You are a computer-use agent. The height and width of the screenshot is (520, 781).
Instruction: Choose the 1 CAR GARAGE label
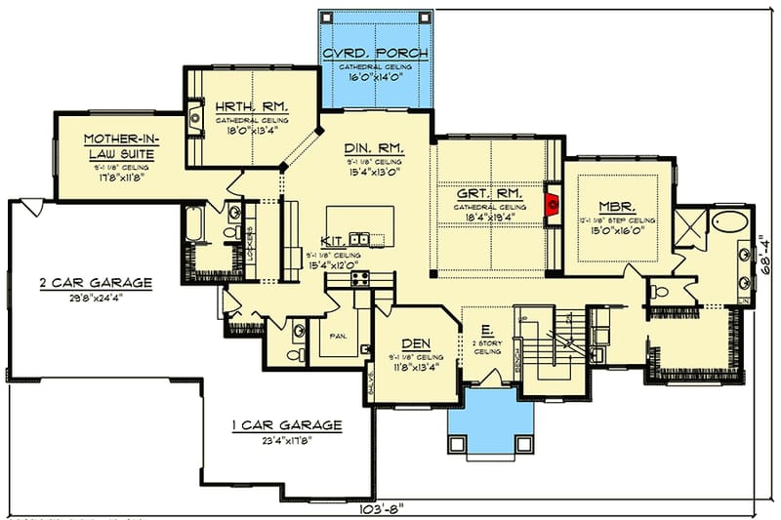click(286, 424)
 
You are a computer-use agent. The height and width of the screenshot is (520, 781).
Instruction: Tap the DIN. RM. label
click(374, 148)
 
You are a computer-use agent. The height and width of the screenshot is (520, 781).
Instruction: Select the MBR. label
click(619, 207)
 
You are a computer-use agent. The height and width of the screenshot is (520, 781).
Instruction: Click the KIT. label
click(333, 240)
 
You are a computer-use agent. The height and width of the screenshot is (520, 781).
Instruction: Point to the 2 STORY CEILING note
click(488, 350)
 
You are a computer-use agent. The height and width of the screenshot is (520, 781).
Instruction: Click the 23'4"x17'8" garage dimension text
click(286, 440)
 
